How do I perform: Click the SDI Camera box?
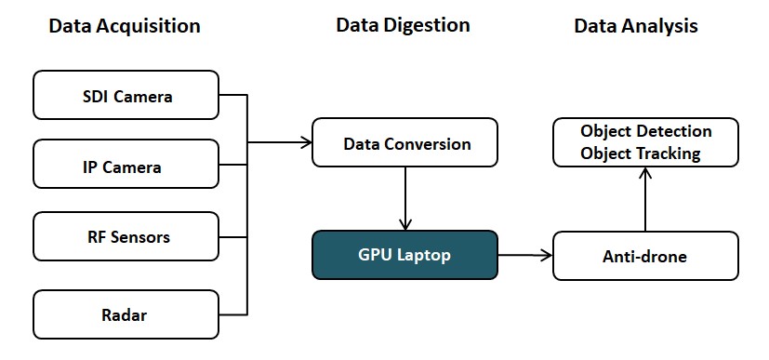[x=126, y=95]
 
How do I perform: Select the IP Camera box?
[x=126, y=166]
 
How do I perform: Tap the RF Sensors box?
[x=126, y=236]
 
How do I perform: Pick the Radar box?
[x=126, y=314]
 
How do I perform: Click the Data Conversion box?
[x=405, y=143]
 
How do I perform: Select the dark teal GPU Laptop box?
[x=404, y=255]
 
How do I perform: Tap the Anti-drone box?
[x=645, y=256]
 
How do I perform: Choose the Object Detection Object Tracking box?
[x=645, y=142]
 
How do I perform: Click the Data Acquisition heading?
[x=124, y=26]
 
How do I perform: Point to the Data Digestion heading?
[x=403, y=26]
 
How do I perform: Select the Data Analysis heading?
[x=635, y=26]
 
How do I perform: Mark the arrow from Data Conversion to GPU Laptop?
[x=404, y=198]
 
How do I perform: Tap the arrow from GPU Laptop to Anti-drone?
[x=525, y=255]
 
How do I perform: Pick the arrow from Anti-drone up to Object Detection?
[x=645, y=200]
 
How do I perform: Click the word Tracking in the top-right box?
[x=670, y=153]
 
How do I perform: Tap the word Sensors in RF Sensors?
[x=139, y=236]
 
